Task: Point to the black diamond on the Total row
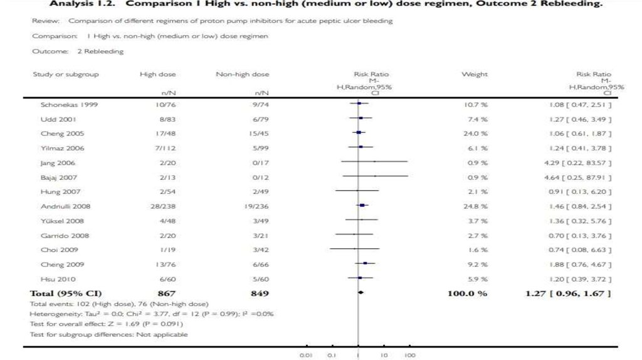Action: (x=360, y=293)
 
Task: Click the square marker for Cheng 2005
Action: (x=358, y=133)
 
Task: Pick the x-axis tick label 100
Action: (x=410, y=356)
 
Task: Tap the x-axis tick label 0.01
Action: (x=307, y=356)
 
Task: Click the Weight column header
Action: (x=474, y=75)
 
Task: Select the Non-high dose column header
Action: (x=242, y=75)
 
